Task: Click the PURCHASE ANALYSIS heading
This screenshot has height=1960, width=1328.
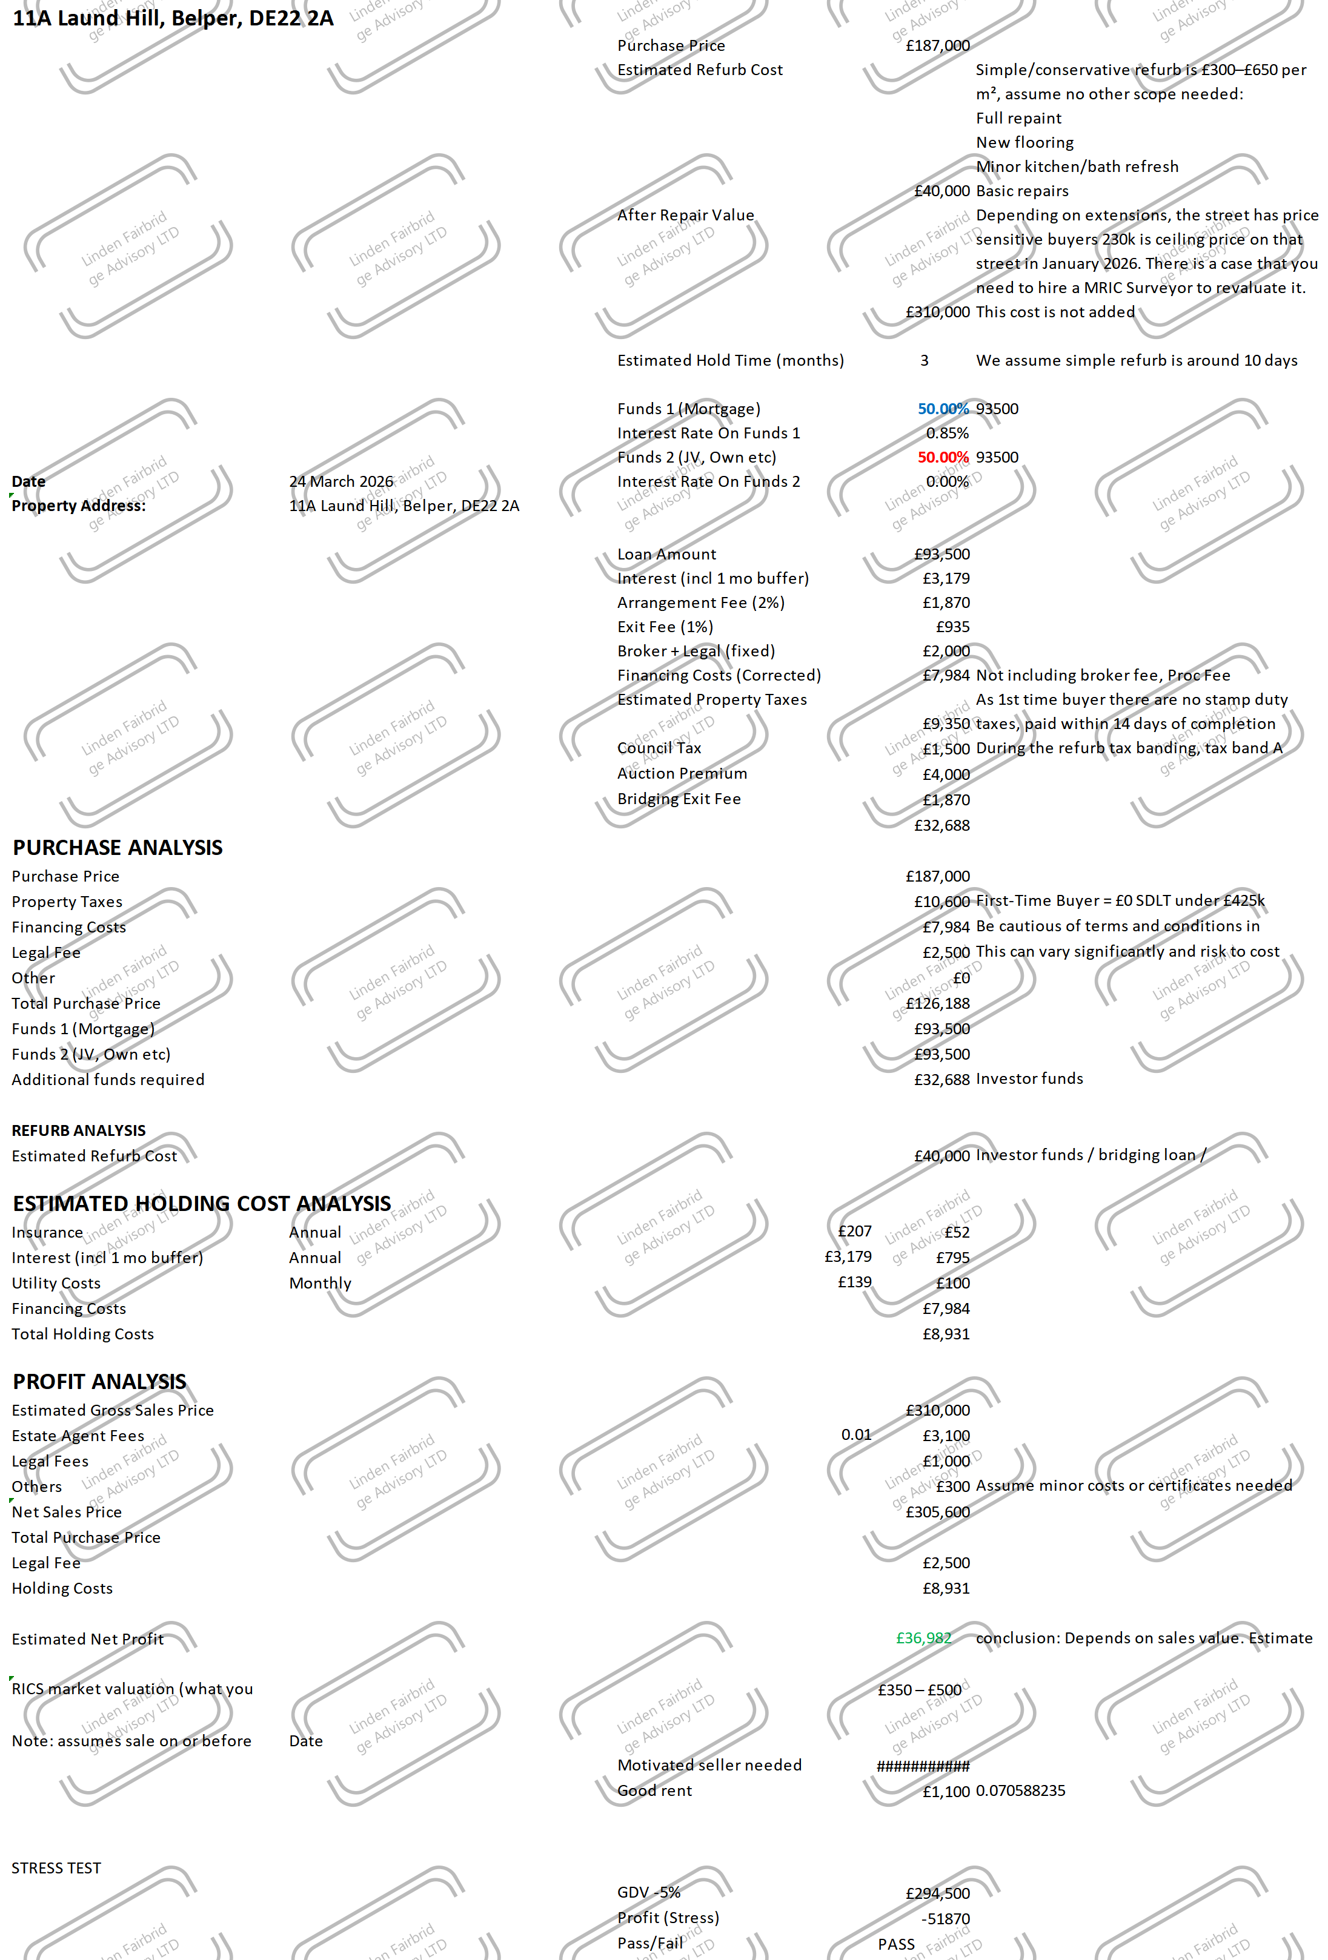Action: [x=118, y=848]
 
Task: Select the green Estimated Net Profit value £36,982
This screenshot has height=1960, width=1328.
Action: [x=923, y=1638]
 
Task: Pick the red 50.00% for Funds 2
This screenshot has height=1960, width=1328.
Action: [x=943, y=457]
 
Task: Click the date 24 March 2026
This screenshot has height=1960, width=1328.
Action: [x=341, y=481]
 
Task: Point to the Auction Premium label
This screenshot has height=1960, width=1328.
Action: [x=682, y=773]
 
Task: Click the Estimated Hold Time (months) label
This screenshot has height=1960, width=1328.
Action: [x=730, y=361]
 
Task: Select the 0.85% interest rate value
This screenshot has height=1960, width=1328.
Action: [x=947, y=434]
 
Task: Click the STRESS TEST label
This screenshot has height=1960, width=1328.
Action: [x=56, y=1868]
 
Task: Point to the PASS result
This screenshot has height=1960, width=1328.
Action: [x=895, y=1944]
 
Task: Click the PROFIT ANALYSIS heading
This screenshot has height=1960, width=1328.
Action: [x=99, y=1382]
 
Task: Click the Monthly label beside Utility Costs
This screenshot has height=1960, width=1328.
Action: [x=320, y=1284]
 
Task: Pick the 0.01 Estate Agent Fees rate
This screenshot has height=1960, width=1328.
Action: [x=855, y=1434]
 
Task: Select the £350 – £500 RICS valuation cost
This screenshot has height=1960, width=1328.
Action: [x=919, y=1690]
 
